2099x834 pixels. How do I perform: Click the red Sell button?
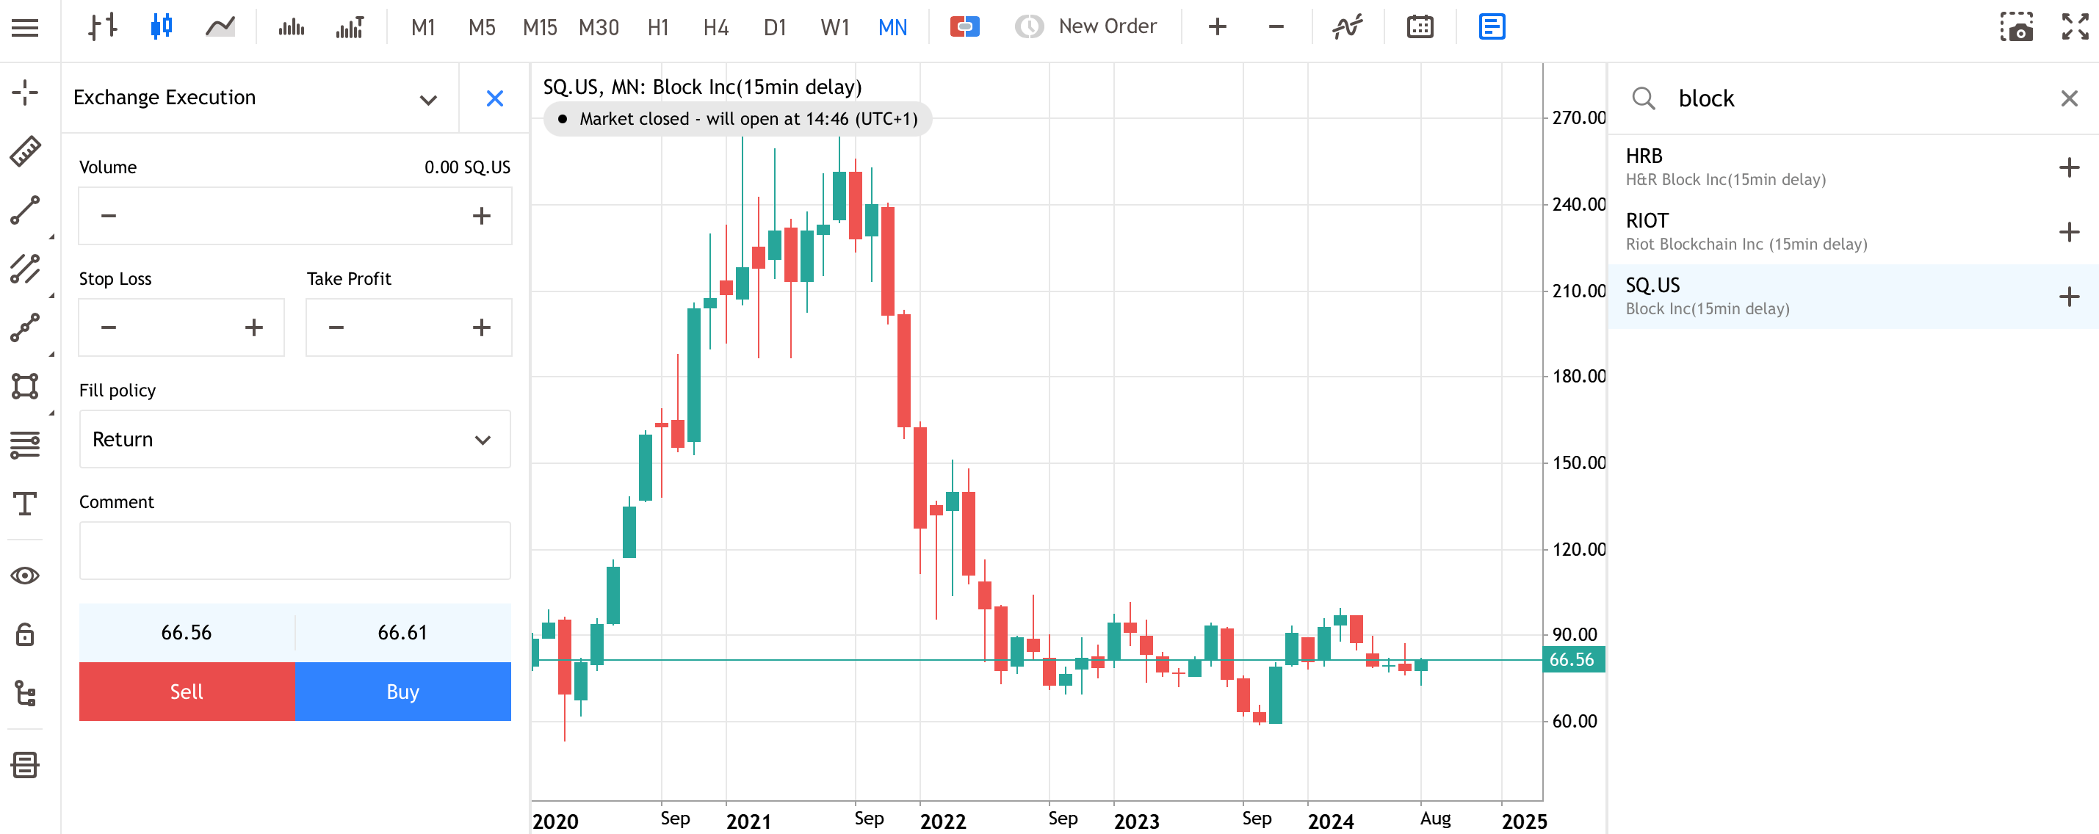point(187,692)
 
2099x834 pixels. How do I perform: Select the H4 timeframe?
point(715,28)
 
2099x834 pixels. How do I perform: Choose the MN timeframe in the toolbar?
point(892,28)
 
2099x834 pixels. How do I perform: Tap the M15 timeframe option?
point(539,28)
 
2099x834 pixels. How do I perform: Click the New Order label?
point(1108,26)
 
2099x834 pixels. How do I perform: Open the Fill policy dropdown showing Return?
point(295,439)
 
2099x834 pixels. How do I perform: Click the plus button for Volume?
point(482,216)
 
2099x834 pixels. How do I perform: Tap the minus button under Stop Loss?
point(109,327)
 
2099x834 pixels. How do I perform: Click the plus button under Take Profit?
point(482,327)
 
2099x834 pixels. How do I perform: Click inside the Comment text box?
point(295,551)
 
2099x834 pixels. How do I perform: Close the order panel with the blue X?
point(494,98)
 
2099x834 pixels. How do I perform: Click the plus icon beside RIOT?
point(2069,232)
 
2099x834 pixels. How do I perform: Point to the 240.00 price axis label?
point(1578,204)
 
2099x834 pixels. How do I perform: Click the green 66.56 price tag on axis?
point(1573,660)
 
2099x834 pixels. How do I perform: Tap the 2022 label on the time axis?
point(943,821)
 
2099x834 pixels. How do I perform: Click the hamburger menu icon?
point(25,28)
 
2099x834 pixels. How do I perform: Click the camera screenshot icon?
point(2016,28)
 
